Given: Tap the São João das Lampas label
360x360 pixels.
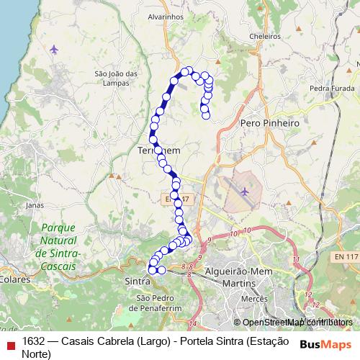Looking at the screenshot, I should (x=116, y=77).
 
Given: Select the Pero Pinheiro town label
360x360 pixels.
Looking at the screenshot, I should (x=269, y=123).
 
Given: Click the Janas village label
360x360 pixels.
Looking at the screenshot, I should (x=34, y=204).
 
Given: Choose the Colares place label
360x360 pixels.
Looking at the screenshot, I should (x=14, y=276).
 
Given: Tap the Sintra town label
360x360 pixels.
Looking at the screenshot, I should (x=137, y=280).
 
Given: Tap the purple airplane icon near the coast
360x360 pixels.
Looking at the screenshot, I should (x=55, y=49).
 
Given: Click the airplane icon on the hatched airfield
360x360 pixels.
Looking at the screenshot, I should (x=246, y=192).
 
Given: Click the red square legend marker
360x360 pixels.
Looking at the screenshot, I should (x=9, y=343).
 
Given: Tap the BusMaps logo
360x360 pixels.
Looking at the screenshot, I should (x=326, y=343).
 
